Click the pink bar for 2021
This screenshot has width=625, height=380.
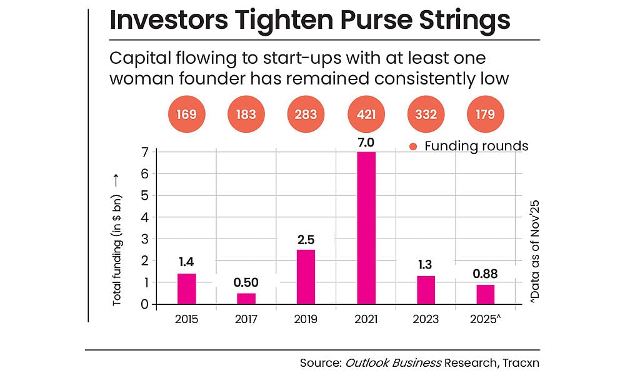click(366, 228)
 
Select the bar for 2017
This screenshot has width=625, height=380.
click(246, 299)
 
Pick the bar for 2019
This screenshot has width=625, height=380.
click(306, 277)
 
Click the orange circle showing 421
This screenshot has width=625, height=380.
click(366, 115)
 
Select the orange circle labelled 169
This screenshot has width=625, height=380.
click(187, 115)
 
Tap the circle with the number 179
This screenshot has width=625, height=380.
click(485, 115)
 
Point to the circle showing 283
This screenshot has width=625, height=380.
click(306, 115)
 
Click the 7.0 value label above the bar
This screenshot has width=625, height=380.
click(366, 143)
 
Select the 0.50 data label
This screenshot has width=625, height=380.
click(246, 282)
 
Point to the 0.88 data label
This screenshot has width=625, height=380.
click(485, 273)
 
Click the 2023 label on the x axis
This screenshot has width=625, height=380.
click(426, 319)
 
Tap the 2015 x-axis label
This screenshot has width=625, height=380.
click(187, 319)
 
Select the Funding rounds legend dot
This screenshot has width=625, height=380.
click(412, 146)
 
